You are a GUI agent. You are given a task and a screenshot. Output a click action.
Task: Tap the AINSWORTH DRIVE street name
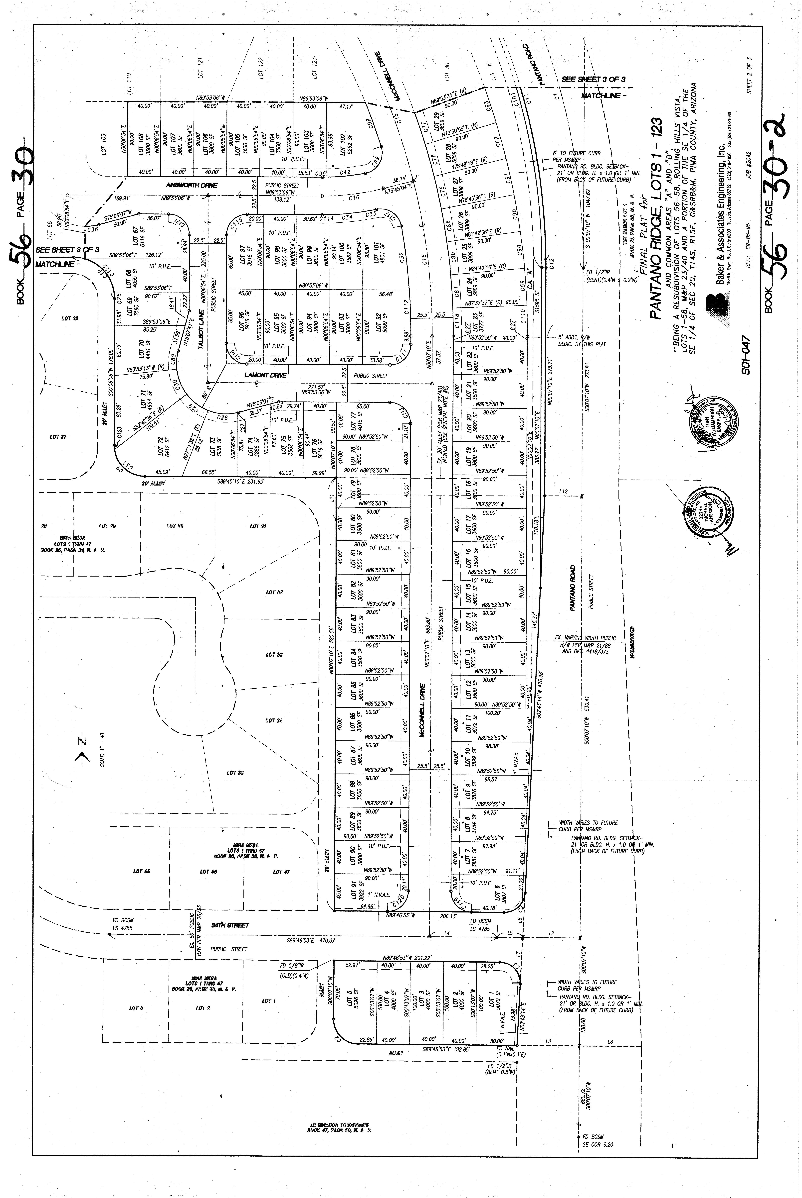pos(192,185)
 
